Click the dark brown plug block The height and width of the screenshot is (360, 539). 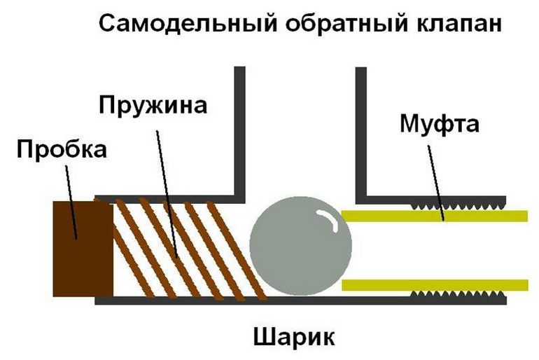[83, 249]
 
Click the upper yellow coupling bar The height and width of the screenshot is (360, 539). [434, 216]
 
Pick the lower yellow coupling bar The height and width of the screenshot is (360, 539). [434, 284]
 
